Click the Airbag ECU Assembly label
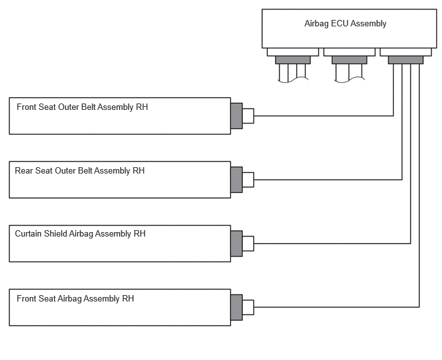click(345, 24)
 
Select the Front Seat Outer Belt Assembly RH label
click(82, 107)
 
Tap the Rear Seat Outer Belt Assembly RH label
click(80, 171)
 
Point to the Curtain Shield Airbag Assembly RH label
click(80, 234)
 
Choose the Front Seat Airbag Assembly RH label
click(75, 299)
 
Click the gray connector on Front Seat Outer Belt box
click(236, 116)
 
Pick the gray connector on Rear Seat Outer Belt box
click(236, 180)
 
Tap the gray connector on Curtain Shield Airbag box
click(236, 244)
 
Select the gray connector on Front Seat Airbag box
click(236, 307)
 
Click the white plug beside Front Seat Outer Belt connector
click(248, 116)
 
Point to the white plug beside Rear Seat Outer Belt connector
click(248, 180)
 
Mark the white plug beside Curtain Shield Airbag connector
click(248, 244)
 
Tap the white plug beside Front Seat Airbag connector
click(248, 307)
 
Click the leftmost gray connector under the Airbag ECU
click(293, 60)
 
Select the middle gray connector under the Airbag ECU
click(349, 60)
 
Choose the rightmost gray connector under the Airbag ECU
click(405, 60)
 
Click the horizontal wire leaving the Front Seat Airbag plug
click(337, 307)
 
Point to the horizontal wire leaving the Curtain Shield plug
click(332, 243)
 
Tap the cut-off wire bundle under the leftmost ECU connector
click(293, 73)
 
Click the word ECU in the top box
click(339, 23)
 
